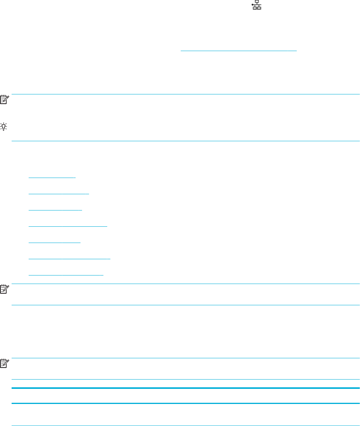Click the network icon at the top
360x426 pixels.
click(x=257, y=5)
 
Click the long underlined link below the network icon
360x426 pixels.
click(x=238, y=51)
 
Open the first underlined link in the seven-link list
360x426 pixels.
click(x=52, y=177)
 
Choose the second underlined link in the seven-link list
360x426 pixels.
click(x=59, y=193)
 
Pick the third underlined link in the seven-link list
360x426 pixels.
click(x=55, y=209)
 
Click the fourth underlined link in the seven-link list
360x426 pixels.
click(x=68, y=225)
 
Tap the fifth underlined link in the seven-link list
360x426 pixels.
click(x=55, y=241)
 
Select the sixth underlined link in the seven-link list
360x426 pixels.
click(x=69, y=258)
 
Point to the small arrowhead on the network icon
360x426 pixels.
click(x=252, y=5)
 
